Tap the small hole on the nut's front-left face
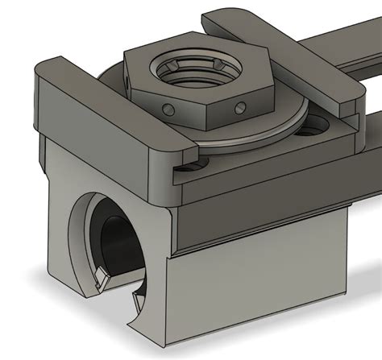[x=167, y=108]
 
